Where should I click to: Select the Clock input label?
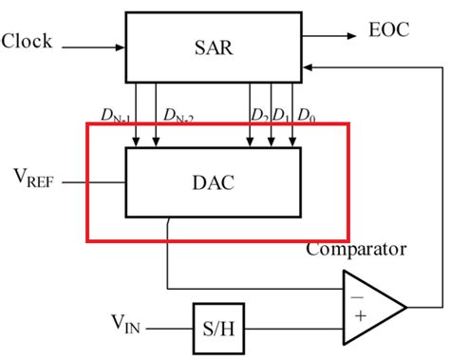[28, 42]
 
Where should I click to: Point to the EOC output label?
[389, 30]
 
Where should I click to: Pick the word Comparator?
[355, 250]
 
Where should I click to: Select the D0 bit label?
[306, 116]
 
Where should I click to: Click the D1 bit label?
[281, 116]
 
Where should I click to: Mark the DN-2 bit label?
[177, 117]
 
